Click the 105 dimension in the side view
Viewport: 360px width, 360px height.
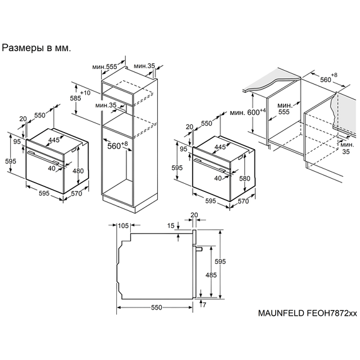123,226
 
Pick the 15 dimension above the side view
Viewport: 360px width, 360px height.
171,226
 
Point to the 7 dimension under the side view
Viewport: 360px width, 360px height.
204,305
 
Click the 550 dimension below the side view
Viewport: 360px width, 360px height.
157,307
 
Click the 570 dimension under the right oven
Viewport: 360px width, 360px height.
242,202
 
